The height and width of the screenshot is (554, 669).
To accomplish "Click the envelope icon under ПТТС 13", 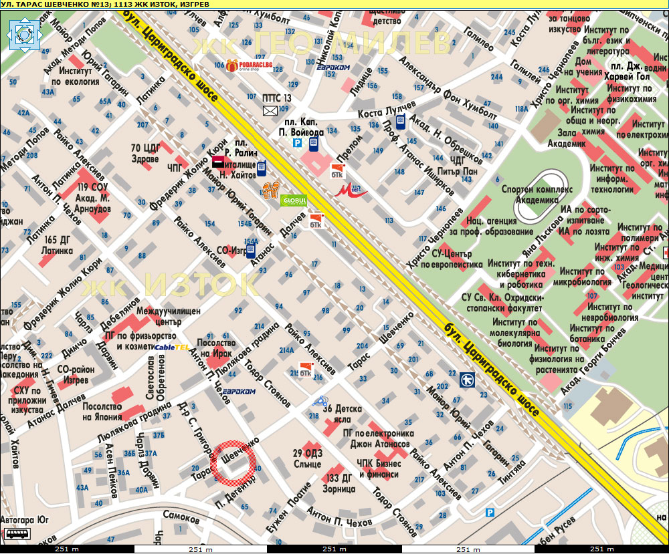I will click(x=270, y=111).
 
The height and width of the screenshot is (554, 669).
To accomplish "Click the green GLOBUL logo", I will click(x=294, y=200).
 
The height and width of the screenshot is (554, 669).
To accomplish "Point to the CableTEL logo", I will click(x=171, y=348).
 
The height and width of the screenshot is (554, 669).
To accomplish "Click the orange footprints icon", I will click(x=270, y=190).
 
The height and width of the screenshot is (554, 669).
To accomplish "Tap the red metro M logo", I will click(x=351, y=192).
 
